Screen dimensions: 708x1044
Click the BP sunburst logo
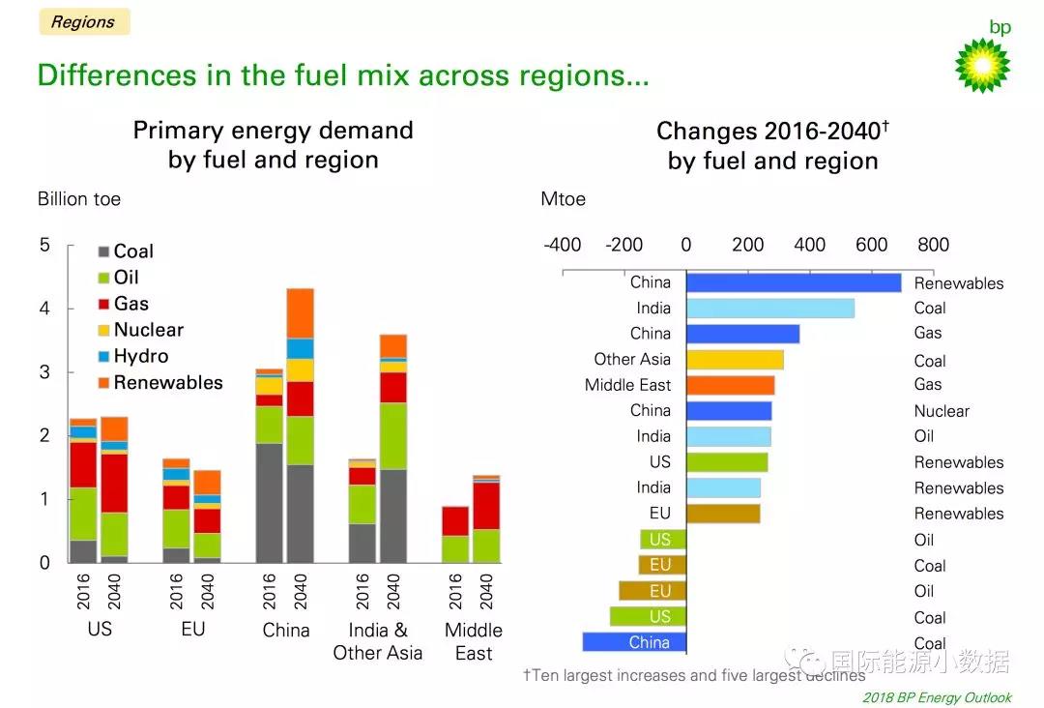tap(982, 65)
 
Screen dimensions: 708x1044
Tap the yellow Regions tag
tap(83, 22)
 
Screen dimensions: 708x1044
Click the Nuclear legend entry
tap(148, 330)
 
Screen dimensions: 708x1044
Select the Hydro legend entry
tap(140, 356)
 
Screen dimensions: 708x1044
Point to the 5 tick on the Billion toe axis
tap(44, 245)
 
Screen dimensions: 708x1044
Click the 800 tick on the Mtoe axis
tap(933, 245)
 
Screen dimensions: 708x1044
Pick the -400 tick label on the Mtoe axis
tap(562, 245)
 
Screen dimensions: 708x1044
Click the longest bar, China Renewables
tap(794, 282)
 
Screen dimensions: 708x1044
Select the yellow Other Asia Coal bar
tap(735, 360)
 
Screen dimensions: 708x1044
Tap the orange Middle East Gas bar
tap(731, 385)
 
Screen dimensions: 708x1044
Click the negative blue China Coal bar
tap(634, 642)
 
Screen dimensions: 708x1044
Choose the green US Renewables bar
tap(727, 462)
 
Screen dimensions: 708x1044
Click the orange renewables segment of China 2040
tap(301, 312)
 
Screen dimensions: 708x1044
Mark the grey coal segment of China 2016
tap(270, 503)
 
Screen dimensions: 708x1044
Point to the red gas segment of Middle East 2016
tap(455, 520)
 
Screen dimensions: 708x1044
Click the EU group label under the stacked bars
tap(192, 629)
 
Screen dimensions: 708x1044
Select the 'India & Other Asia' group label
tap(377, 640)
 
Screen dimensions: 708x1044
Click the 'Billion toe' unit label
tap(79, 199)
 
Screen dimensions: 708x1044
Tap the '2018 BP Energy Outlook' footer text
tap(937, 697)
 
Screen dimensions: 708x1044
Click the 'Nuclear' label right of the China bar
tap(942, 411)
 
